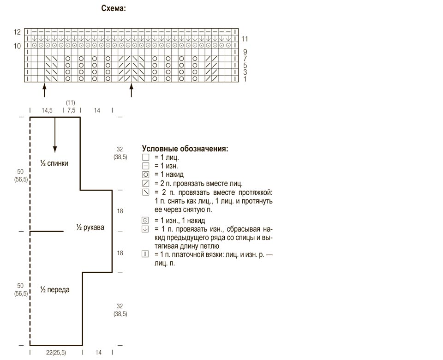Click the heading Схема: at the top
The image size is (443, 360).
pyautogui.click(x=114, y=8)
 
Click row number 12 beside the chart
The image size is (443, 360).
pyautogui.click(x=17, y=32)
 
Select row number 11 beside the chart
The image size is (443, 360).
pyautogui.click(x=245, y=39)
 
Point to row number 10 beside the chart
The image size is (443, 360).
pyautogui.click(x=17, y=46)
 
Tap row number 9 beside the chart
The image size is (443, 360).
pyautogui.click(x=245, y=52)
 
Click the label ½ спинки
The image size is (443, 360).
pyautogui.click(x=54, y=163)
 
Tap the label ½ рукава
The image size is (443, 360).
pyautogui.click(x=90, y=227)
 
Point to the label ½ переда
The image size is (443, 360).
pyautogui.click(x=55, y=290)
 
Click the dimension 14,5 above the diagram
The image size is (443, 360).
pyautogui.click(x=47, y=110)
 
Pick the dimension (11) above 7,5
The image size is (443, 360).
pyautogui.click(x=70, y=102)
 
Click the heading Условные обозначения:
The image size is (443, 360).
pyautogui.click(x=185, y=149)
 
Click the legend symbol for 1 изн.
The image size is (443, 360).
pyautogui.click(x=145, y=166)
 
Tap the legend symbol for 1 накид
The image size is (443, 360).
pyautogui.click(x=145, y=174)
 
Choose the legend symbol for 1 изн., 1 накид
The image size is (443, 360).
pyautogui.click(x=145, y=221)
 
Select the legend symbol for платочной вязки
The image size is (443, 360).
pyautogui.click(x=145, y=254)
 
